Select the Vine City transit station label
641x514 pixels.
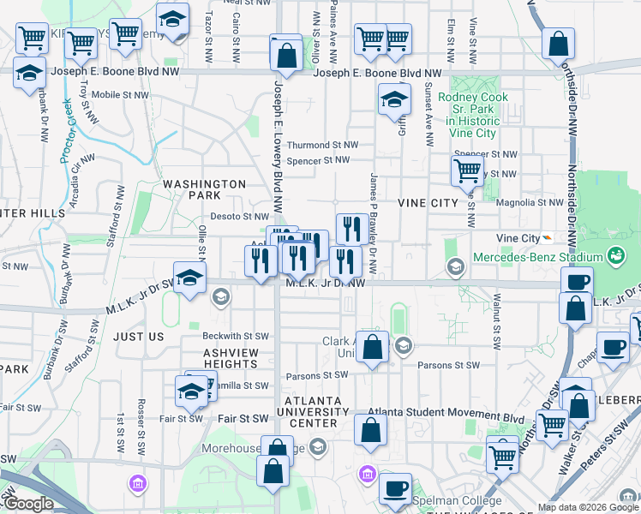pyautogui.click(x=518, y=238)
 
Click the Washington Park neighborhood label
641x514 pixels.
pyautogui.click(x=204, y=189)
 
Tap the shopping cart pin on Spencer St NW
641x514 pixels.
pyautogui.click(x=467, y=170)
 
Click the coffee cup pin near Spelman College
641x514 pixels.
pyautogui.click(x=394, y=488)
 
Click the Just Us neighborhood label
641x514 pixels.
pyautogui.click(x=138, y=337)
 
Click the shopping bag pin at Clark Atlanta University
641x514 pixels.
pyautogui.click(x=372, y=349)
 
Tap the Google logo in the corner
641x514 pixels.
pyautogui.click(x=28, y=504)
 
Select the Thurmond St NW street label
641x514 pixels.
pyautogui.click(x=322, y=146)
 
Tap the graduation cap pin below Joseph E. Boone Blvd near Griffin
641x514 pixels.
pyautogui.click(x=394, y=100)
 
